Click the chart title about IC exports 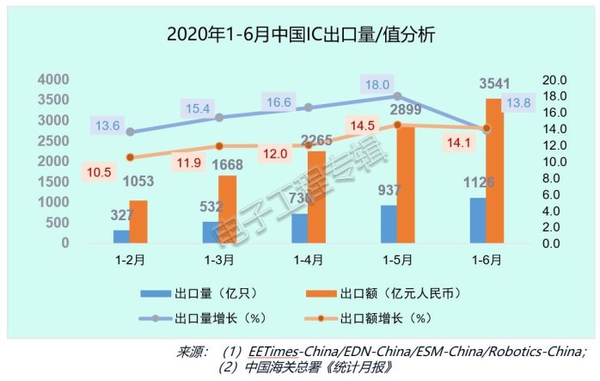point(301,36)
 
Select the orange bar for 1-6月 point(493,172)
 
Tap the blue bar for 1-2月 point(121,237)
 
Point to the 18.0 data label point(378,85)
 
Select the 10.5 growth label point(99,172)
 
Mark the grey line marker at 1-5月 point(396,96)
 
